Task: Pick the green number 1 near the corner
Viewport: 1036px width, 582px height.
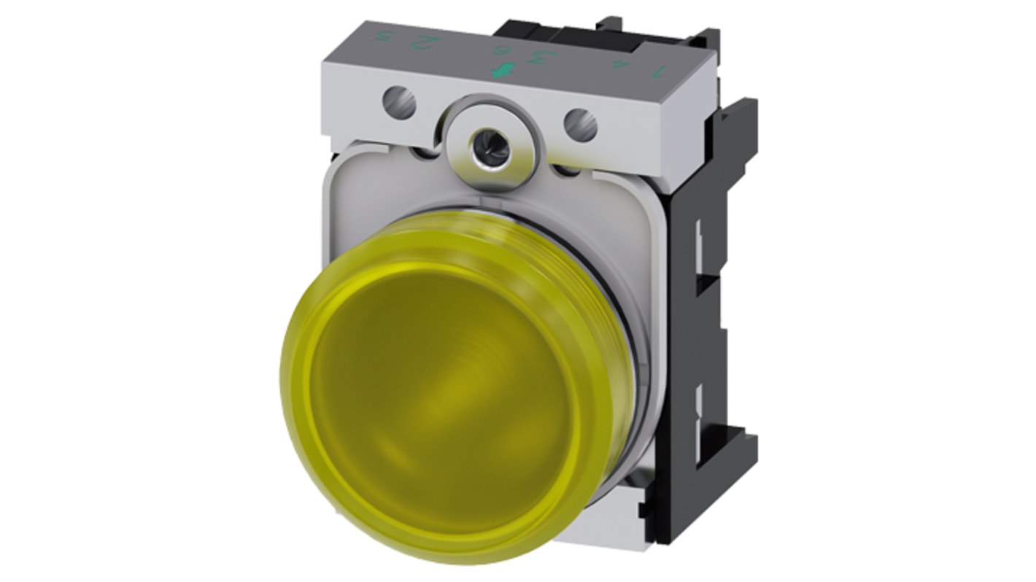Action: pyautogui.click(x=660, y=72)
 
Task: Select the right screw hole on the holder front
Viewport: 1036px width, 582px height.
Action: pyautogui.click(x=581, y=125)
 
